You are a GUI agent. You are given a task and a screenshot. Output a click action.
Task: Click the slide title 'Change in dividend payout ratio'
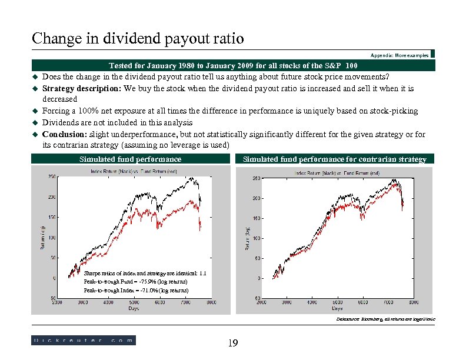tap(137, 39)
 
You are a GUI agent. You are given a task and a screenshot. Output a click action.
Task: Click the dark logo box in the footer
tap(83, 340)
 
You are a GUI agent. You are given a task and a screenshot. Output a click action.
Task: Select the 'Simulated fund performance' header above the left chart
tap(130, 159)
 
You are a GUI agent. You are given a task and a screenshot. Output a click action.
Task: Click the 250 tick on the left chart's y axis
tap(52, 176)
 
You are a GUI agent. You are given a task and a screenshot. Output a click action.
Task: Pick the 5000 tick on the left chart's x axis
tap(134, 302)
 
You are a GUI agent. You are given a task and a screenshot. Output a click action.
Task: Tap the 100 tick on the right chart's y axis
tap(256, 238)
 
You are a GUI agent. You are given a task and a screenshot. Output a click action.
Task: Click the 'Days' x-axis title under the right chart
tap(337, 308)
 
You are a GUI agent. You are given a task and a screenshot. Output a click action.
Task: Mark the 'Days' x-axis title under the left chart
tap(134, 308)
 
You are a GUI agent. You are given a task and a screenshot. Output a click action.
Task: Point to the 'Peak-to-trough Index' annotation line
tap(136, 290)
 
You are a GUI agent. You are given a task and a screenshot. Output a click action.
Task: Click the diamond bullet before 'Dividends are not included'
tap(35, 123)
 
